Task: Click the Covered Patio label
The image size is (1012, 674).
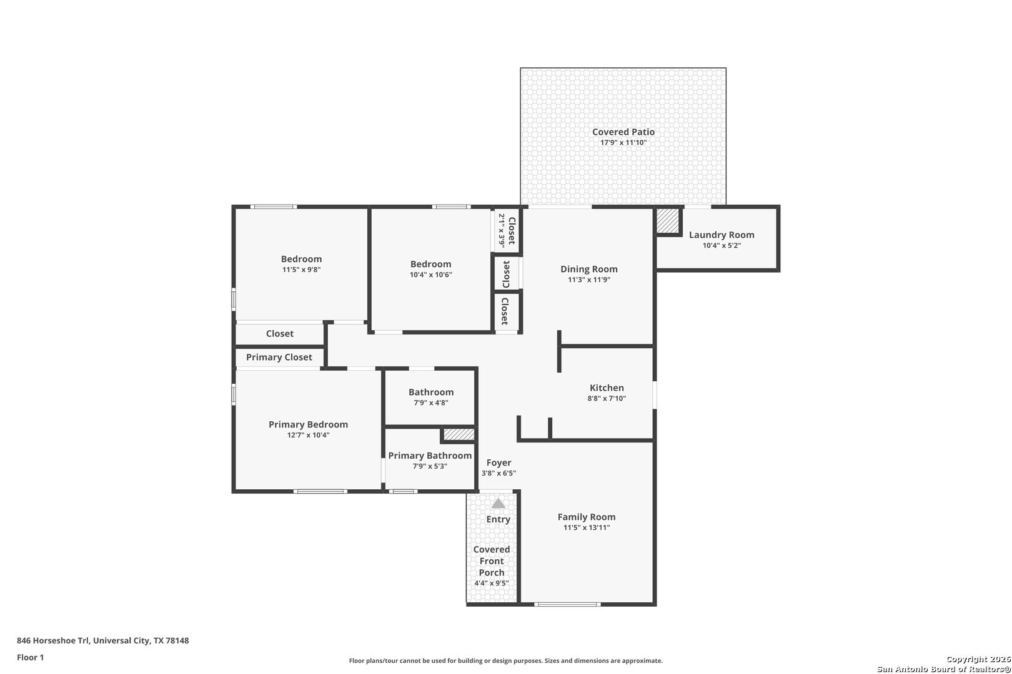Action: pyautogui.click(x=623, y=132)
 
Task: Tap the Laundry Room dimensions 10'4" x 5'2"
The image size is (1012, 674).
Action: pyautogui.click(x=722, y=246)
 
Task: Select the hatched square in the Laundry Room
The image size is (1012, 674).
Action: pyautogui.click(x=668, y=221)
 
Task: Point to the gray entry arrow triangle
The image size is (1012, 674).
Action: pyautogui.click(x=498, y=504)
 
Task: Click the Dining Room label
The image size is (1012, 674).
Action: pyautogui.click(x=588, y=269)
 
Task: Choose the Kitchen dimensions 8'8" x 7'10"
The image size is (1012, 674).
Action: pyautogui.click(x=607, y=399)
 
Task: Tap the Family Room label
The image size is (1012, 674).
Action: pyautogui.click(x=587, y=517)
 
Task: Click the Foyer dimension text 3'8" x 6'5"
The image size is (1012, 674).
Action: pyautogui.click(x=499, y=473)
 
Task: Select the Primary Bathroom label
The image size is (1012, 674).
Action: pyautogui.click(x=430, y=456)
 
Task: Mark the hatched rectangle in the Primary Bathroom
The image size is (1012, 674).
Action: pyautogui.click(x=459, y=434)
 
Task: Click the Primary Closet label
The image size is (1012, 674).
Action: pyautogui.click(x=279, y=357)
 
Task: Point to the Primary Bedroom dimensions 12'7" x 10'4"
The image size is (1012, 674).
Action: pyautogui.click(x=308, y=435)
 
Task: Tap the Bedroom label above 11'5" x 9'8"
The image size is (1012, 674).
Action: pyautogui.click(x=301, y=259)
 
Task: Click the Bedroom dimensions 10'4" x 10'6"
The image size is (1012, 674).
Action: pyautogui.click(x=430, y=275)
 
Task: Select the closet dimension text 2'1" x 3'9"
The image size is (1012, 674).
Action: pyautogui.click(x=502, y=230)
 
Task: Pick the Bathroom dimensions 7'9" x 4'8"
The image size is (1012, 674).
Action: pyautogui.click(x=430, y=403)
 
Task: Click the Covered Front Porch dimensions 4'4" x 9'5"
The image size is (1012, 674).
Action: pyautogui.click(x=492, y=584)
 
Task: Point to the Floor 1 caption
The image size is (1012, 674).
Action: pyautogui.click(x=30, y=657)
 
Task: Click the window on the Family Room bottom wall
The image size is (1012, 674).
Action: pyautogui.click(x=567, y=604)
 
